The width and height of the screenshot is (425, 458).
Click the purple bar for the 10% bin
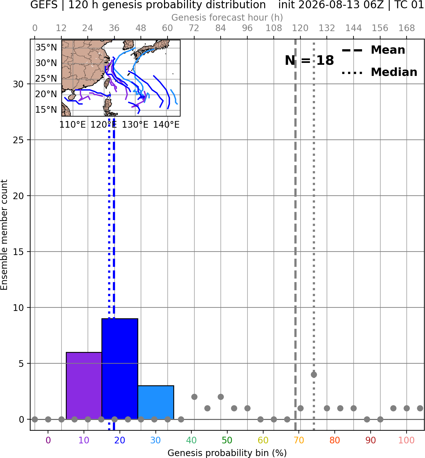(x=84, y=386)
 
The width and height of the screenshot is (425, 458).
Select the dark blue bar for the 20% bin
(x=120, y=369)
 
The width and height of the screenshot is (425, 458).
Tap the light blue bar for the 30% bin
(x=156, y=402)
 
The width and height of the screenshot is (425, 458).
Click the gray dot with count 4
(x=314, y=374)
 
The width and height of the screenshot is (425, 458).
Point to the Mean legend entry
(x=373, y=50)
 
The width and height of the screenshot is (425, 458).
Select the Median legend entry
(x=379, y=72)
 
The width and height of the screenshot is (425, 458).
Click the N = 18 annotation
(x=309, y=60)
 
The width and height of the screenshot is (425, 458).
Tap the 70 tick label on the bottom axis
(x=299, y=440)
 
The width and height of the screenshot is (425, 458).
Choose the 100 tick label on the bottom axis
(x=407, y=440)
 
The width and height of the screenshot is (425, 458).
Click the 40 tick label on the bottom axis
(x=191, y=440)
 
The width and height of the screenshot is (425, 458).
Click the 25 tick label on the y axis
(x=18, y=140)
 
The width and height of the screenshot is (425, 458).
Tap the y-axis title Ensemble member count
(x=4, y=235)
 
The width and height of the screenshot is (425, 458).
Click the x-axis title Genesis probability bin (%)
(x=227, y=453)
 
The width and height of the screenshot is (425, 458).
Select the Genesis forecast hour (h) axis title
(x=227, y=17)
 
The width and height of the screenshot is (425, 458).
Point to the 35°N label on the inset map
(x=46, y=47)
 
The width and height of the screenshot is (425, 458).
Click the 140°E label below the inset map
(x=166, y=125)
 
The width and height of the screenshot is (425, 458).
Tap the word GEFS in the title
(x=44, y=5)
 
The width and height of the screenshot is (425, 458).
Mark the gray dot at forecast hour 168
(x=407, y=408)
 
